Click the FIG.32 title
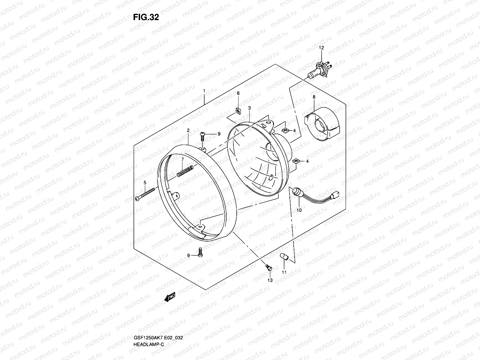(x=146, y=17)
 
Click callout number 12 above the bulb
(x=321, y=48)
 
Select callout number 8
(x=314, y=97)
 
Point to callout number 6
(x=238, y=93)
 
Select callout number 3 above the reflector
(x=249, y=108)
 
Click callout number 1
(x=204, y=91)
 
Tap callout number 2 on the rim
(x=188, y=130)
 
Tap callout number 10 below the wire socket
(x=299, y=210)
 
